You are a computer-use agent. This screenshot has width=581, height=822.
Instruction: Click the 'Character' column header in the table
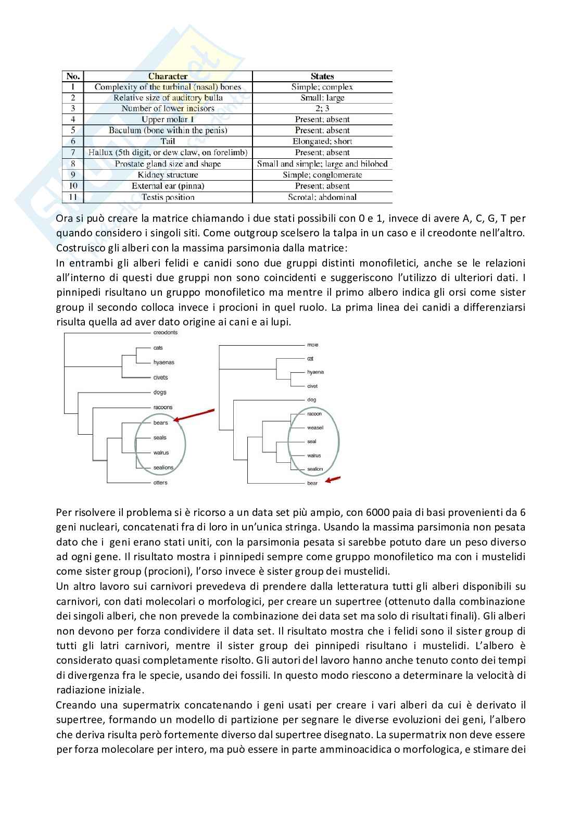pos(168,76)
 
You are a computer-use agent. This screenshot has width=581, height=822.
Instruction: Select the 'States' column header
pos(322,76)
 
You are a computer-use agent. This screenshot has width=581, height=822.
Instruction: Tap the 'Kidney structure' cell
pos(168,175)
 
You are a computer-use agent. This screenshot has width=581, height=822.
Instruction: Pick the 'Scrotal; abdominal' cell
pos(322,197)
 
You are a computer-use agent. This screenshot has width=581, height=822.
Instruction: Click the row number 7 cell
pos(73,153)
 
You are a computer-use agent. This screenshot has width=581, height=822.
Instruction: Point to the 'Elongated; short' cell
pos(322,141)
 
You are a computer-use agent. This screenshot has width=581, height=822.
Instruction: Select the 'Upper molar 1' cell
pos(168,119)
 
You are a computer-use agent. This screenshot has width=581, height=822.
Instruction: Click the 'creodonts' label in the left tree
pos(166,333)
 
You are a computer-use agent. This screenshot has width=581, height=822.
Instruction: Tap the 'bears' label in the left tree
pos(160,423)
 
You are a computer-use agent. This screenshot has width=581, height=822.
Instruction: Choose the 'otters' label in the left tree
pos(160,483)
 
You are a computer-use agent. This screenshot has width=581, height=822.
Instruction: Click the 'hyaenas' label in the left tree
pos(163,362)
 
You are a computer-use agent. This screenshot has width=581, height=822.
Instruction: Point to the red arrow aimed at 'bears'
pos(194,415)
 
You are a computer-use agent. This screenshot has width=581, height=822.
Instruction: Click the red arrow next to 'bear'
pos(333,479)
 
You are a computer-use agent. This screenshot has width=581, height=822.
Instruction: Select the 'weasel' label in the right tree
pos(315,428)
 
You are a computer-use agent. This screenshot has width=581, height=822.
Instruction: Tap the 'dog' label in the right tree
pos(311,400)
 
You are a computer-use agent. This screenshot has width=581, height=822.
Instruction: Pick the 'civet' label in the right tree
pos(312,386)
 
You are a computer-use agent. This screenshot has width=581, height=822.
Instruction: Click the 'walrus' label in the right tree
pos(314,456)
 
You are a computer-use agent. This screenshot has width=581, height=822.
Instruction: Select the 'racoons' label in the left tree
pos(162,408)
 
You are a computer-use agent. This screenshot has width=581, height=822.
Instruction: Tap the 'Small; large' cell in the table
pos(322,98)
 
